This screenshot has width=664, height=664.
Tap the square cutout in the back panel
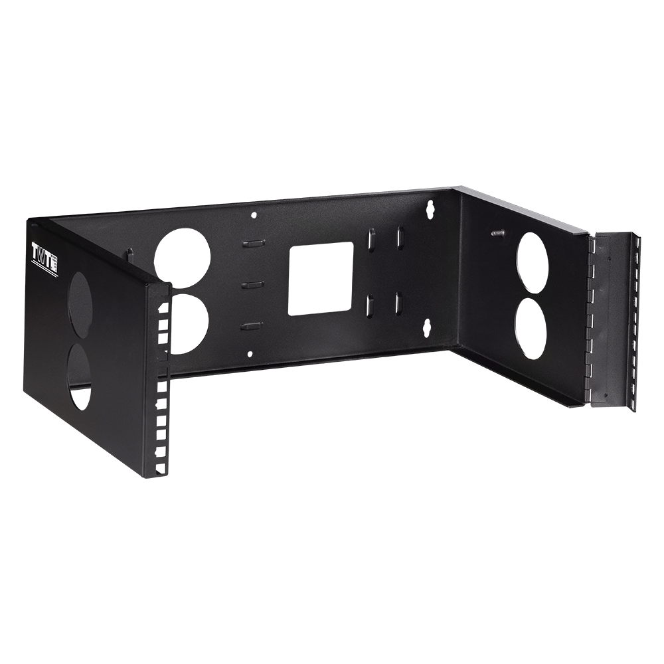coord(321,278)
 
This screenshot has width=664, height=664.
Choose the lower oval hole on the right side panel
coord(531,328)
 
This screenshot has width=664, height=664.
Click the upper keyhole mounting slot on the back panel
coord(431,208)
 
